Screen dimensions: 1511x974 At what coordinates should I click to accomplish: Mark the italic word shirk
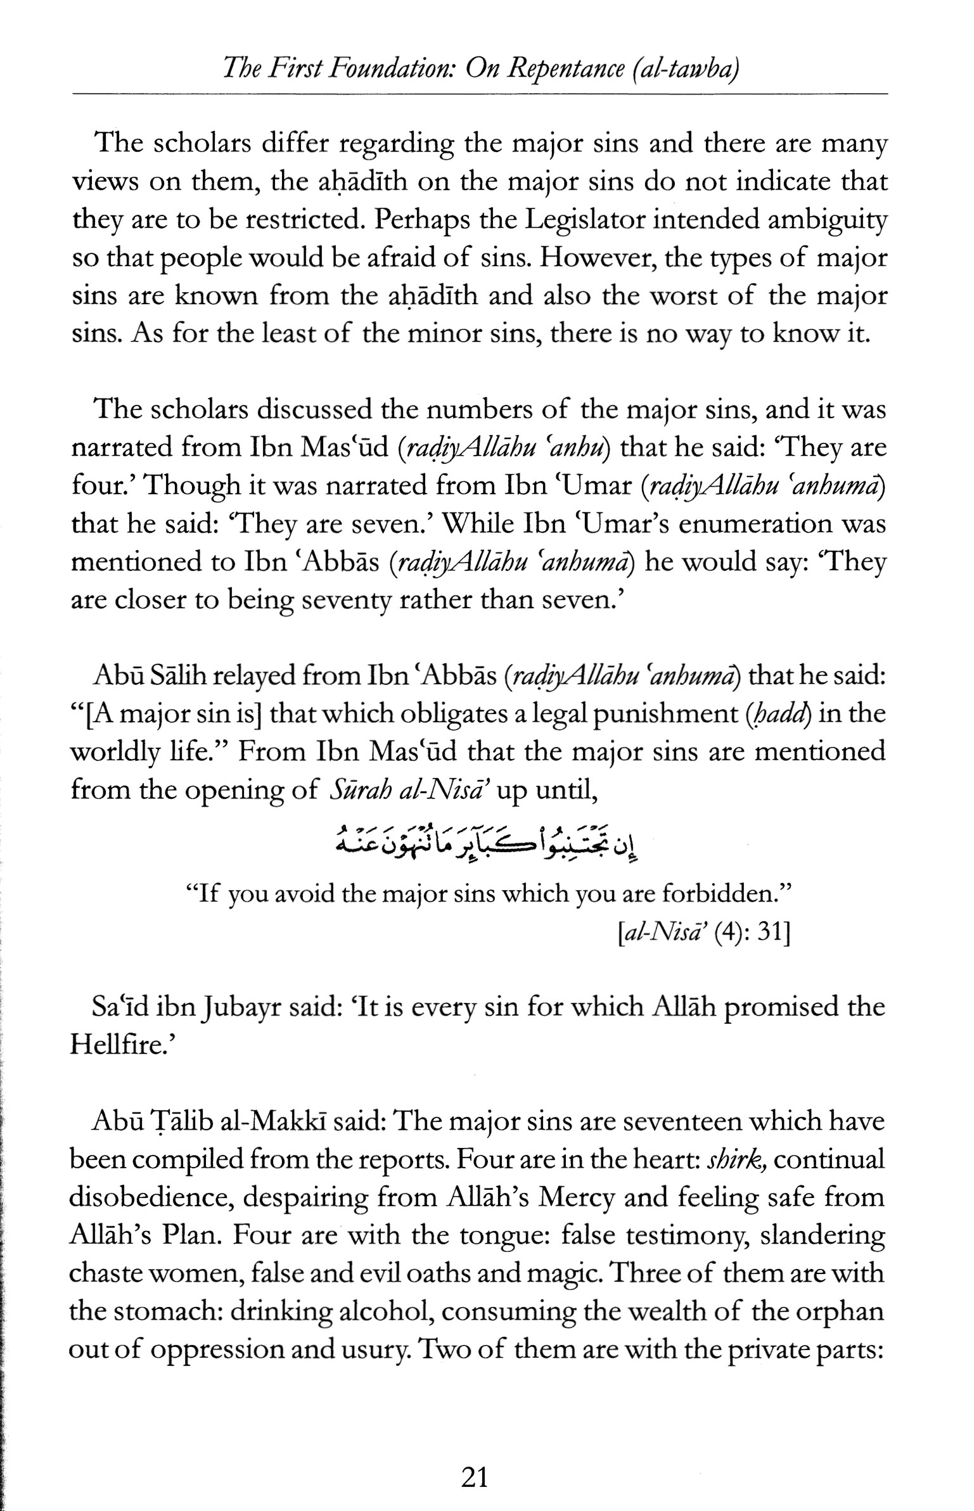(x=734, y=1159)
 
